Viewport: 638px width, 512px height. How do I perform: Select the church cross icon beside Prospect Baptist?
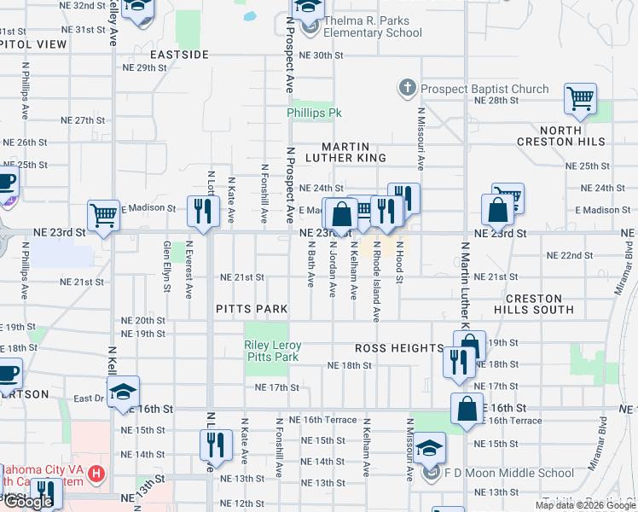[407, 88]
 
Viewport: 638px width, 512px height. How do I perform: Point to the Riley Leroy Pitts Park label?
[273, 351]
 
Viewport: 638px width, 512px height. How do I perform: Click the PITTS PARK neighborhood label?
[251, 308]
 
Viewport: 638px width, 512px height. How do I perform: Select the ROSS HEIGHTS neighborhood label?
[399, 349]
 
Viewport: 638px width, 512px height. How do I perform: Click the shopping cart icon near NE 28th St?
[580, 99]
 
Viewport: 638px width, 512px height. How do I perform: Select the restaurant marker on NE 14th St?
[215, 445]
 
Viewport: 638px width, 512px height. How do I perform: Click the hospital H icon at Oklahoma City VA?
[96, 472]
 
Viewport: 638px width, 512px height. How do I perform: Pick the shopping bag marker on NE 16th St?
[467, 409]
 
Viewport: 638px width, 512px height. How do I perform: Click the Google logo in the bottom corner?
[27, 502]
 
